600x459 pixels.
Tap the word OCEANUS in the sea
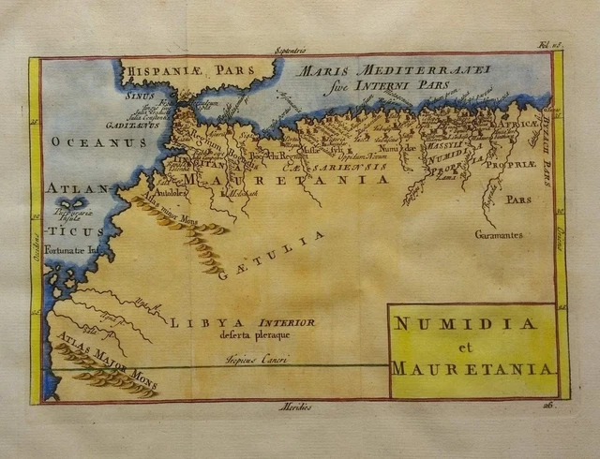(86, 142)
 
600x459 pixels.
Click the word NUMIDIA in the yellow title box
(465, 324)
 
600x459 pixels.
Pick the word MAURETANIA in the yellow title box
(471, 368)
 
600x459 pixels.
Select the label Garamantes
(498, 234)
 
